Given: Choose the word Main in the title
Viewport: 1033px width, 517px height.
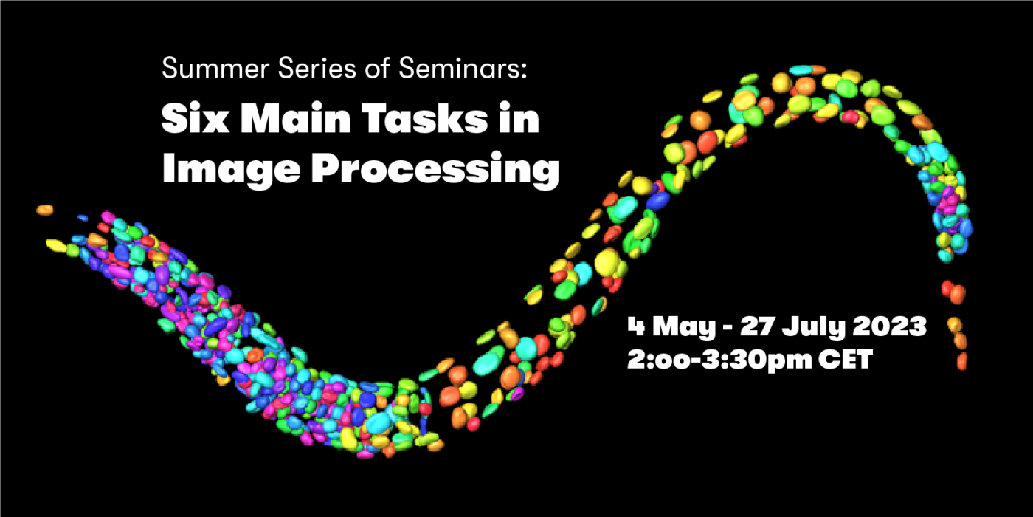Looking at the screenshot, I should [288, 119].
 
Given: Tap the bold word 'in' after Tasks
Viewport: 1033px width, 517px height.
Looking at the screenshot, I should [521, 119].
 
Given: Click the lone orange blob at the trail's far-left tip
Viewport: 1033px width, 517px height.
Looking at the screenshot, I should [45, 210].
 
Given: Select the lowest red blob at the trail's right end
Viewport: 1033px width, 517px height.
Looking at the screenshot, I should [961, 362].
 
